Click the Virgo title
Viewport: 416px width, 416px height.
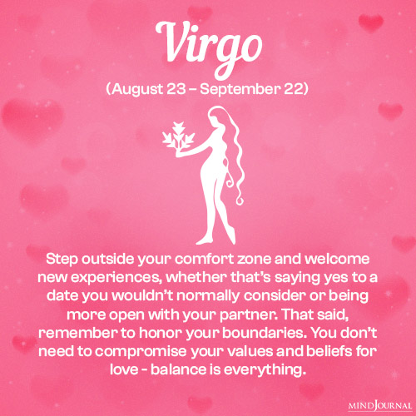(x=207, y=42)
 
